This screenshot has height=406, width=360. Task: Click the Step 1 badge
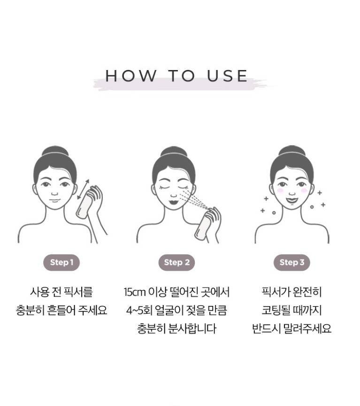pos(61,263)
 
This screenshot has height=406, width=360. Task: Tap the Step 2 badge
pos(176,263)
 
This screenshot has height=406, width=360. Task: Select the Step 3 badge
pos(292,263)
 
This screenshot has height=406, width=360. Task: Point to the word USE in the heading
pos(228,76)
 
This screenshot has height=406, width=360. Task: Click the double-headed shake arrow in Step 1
pos(83,189)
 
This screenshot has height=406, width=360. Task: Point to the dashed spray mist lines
pos(194,199)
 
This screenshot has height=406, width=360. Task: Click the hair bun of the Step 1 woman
pos(55,151)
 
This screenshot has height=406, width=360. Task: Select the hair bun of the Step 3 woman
pos(292,150)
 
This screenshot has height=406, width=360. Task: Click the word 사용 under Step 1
pos(39,292)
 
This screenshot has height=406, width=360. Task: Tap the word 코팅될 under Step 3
pos(276,310)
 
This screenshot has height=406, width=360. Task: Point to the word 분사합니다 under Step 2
pos(192,328)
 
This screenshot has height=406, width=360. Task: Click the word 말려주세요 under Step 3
pos(307,328)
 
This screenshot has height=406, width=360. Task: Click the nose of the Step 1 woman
pos(54,193)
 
